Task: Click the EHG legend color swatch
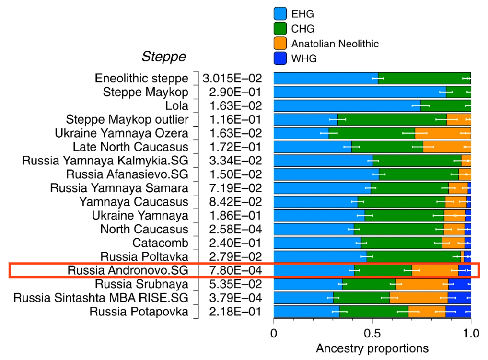click(x=280, y=14)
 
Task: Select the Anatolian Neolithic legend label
click(x=335, y=44)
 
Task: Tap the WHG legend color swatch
click(x=280, y=58)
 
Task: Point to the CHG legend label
click(x=303, y=29)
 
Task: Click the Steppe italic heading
click(x=163, y=57)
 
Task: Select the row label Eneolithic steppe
click(x=141, y=79)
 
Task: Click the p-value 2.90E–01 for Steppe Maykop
click(x=235, y=92)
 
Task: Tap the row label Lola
click(x=177, y=106)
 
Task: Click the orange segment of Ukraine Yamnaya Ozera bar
click(x=443, y=133)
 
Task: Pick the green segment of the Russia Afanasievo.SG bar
click(x=419, y=174)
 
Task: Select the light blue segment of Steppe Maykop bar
click(x=360, y=92)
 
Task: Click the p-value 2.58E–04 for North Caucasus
click(x=235, y=229)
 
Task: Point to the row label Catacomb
click(x=160, y=243)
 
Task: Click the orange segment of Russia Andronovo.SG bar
click(x=435, y=270)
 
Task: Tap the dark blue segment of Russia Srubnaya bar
click(x=460, y=284)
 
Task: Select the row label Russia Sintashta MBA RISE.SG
click(x=101, y=298)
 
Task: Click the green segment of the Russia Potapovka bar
click(x=374, y=312)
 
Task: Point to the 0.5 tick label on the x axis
click(x=372, y=333)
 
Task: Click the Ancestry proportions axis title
click(x=372, y=348)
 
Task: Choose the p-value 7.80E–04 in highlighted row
click(x=235, y=270)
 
